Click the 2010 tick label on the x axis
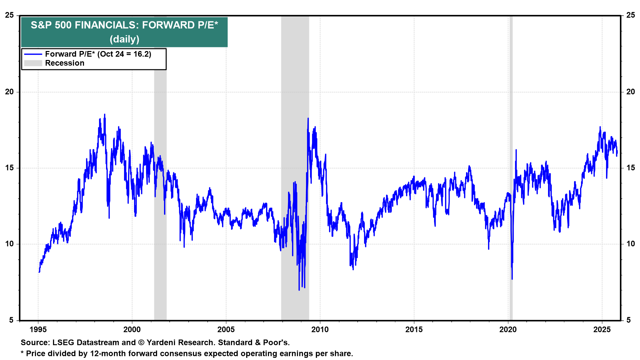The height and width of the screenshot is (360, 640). pos(320,330)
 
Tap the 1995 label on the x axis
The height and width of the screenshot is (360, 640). pos(38,330)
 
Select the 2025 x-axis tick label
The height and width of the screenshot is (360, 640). pos(602,330)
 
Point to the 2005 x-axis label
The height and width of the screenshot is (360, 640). pos(226,330)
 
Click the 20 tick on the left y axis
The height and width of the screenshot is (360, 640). pos(9,92)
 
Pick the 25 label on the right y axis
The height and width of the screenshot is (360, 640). pos(630,15)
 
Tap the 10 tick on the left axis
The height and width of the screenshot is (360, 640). pos(9,244)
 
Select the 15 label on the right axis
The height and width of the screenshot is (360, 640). pos(630,168)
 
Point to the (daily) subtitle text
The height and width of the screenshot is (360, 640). pos(124,39)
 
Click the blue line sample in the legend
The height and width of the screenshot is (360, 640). pos(33,54)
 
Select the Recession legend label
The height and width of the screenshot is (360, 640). pos(65,63)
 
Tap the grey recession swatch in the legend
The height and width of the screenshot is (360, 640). pos(33,63)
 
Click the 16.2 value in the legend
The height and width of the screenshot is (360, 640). pos(141,54)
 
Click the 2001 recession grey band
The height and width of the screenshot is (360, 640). pos(160,200)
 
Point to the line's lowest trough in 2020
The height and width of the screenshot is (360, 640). pos(512,279)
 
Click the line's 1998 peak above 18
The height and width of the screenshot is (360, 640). pos(105,115)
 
